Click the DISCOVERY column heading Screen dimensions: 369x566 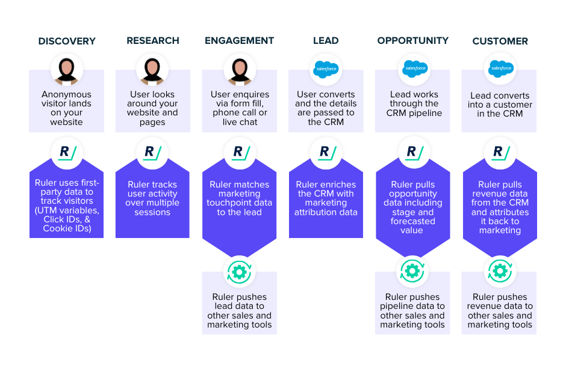click(x=67, y=41)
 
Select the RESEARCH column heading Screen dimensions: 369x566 click(x=153, y=41)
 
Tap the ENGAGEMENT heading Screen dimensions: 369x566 click(x=239, y=41)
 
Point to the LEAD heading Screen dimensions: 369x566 click(x=326, y=41)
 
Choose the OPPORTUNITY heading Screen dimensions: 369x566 click(x=412, y=41)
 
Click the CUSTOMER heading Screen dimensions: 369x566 click(x=500, y=41)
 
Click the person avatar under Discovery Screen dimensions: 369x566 click(x=67, y=70)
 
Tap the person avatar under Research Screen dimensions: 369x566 click(x=153, y=70)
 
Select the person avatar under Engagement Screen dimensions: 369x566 click(x=240, y=70)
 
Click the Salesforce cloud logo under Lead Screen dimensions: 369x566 click(x=326, y=70)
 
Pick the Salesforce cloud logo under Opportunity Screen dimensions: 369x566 click(x=412, y=69)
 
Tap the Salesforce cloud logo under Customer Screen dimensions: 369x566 click(x=500, y=69)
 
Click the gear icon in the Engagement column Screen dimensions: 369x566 click(x=240, y=272)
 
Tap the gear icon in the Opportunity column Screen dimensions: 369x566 click(x=412, y=272)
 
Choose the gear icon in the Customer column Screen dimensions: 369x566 click(x=500, y=272)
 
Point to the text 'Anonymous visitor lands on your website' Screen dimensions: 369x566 click(x=67, y=108)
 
